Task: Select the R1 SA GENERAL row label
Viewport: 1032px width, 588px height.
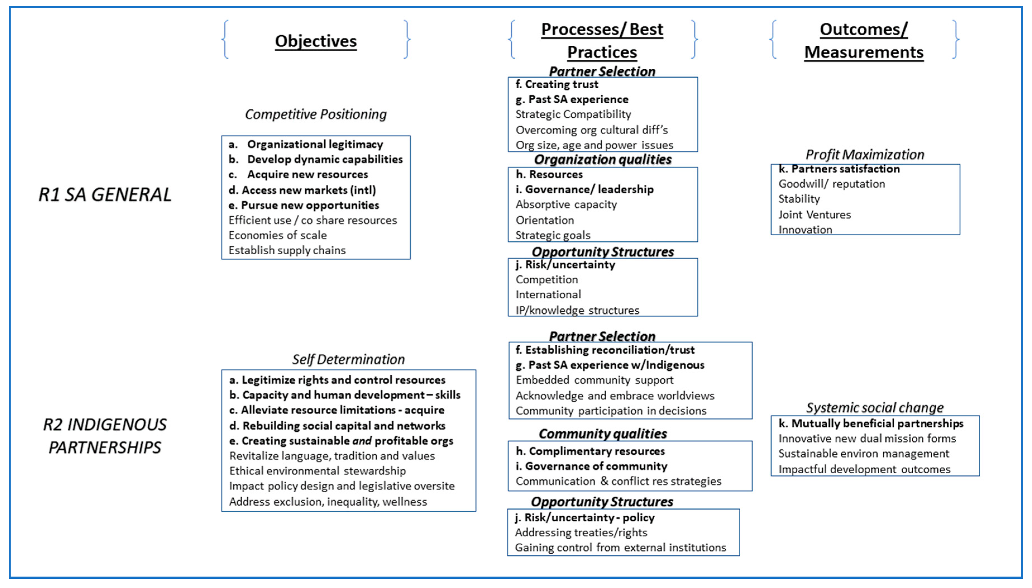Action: click(105, 195)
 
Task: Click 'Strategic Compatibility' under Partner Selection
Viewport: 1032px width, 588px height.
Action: click(573, 114)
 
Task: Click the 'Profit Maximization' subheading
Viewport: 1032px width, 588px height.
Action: click(865, 154)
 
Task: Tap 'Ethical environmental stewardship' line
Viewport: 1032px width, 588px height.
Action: click(317, 471)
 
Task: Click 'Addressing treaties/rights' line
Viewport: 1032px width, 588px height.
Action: click(581, 533)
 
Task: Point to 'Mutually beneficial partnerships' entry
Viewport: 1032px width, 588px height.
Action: click(877, 423)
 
